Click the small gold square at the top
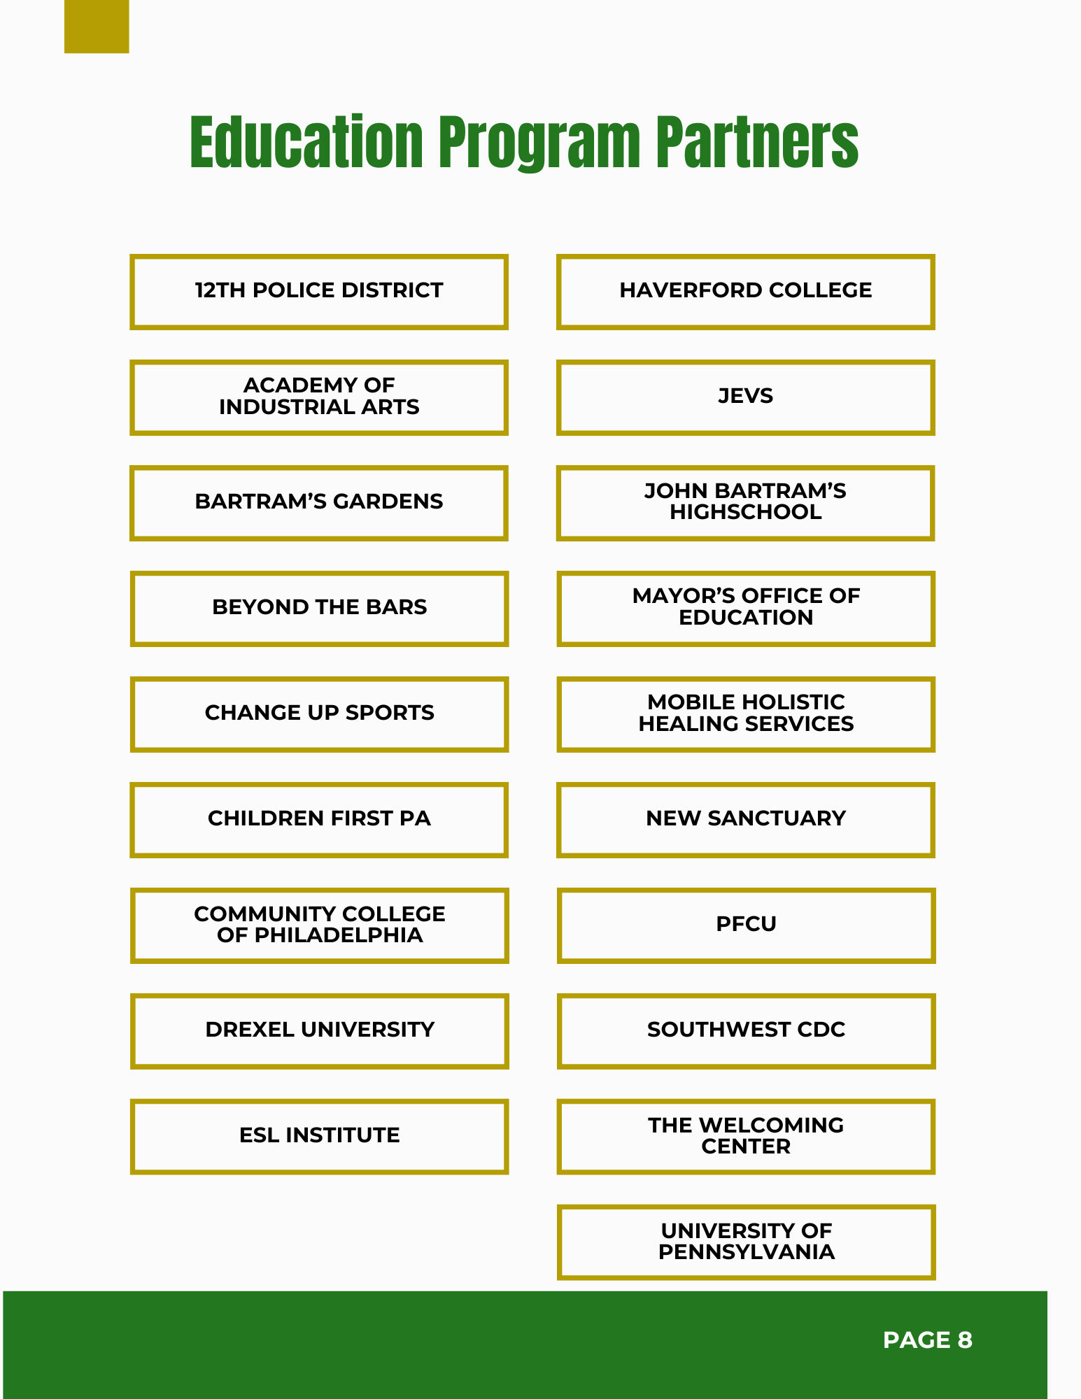pyautogui.click(x=97, y=27)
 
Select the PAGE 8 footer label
pyautogui.click(x=927, y=1340)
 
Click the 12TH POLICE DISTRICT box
pyautogui.click(x=319, y=291)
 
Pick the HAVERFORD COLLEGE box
pyautogui.click(x=746, y=291)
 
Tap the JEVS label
pyautogui.click(x=746, y=396)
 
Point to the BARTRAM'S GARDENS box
pyautogui.click(x=319, y=502)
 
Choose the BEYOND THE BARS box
pyautogui.click(x=319, y=608)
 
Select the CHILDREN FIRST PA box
pyautogui.click(x=319, y=819)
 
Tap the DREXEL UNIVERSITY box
pyautogui.click(x=319, y=1030)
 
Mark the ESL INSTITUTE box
pyautogui.click(x=319, y=1135)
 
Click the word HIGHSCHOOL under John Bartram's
pyautogui.click(x=746, y=512)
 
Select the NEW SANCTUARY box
pyautogui.click(x=746, y=819)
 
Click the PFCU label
pyautogui.click(x=746, y=924)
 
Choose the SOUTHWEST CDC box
pyautogui.click(x=746, y=1030)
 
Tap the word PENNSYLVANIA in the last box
pyautogui.click(x=746, y=1252)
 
